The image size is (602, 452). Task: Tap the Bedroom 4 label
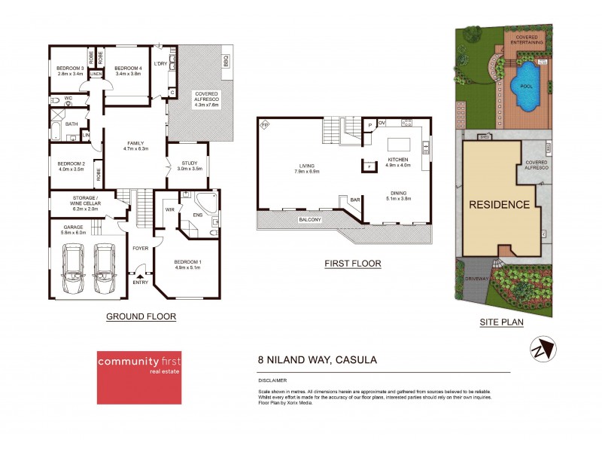coord(128,69)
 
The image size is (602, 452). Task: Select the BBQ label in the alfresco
coord(226,60)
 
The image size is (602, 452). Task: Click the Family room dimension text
coord(135,149)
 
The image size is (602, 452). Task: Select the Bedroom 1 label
coord(189,261)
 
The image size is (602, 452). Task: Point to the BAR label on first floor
coord(354,200)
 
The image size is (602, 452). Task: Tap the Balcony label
coord(309,220)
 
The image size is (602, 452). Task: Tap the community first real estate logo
coord(144,377)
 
